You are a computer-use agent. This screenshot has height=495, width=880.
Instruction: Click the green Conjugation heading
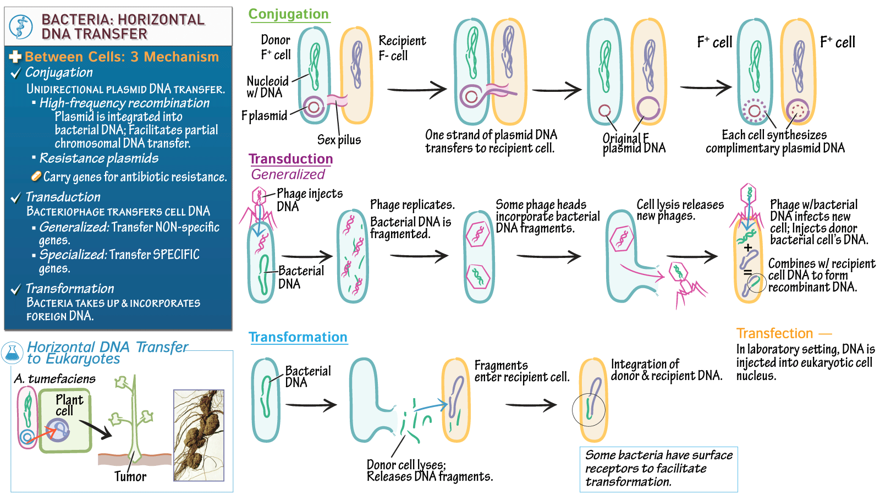[x=288, y=14]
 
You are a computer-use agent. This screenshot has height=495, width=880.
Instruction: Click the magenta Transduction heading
[x=290, y=159]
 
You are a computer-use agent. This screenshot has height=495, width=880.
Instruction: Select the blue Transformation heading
[x=298, y=337]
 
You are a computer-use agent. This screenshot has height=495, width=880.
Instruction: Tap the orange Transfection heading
[x=774, y=333]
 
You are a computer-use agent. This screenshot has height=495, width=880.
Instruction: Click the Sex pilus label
[x=339, y=140]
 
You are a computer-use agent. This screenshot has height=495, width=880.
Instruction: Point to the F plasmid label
[x=264, y=116]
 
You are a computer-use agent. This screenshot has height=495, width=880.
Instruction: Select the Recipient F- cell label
[x=402, y=48]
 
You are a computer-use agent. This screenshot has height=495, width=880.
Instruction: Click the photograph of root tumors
[x=199, y=435]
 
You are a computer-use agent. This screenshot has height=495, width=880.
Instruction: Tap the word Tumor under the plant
[x=130, y=476]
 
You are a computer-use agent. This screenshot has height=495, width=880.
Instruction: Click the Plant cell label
[x=69, y=405]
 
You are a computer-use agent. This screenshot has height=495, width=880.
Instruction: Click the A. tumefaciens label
[x=54, y=379]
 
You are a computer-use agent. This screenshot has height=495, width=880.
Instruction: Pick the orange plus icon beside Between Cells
[x=15, y=57]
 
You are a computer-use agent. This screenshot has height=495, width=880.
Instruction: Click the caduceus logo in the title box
[x=21, y=26]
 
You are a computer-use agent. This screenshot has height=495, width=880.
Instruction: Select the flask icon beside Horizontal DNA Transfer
[x=12, y=353]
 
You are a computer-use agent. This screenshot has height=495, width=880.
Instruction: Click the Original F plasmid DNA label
[x=634, y=143]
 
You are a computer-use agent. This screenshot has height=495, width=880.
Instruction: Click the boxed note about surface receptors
[x=658, y=469]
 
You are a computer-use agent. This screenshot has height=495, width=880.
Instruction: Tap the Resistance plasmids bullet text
[x=99, y=158]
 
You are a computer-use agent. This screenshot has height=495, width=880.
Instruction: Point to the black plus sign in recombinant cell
[x=748, y=248]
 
